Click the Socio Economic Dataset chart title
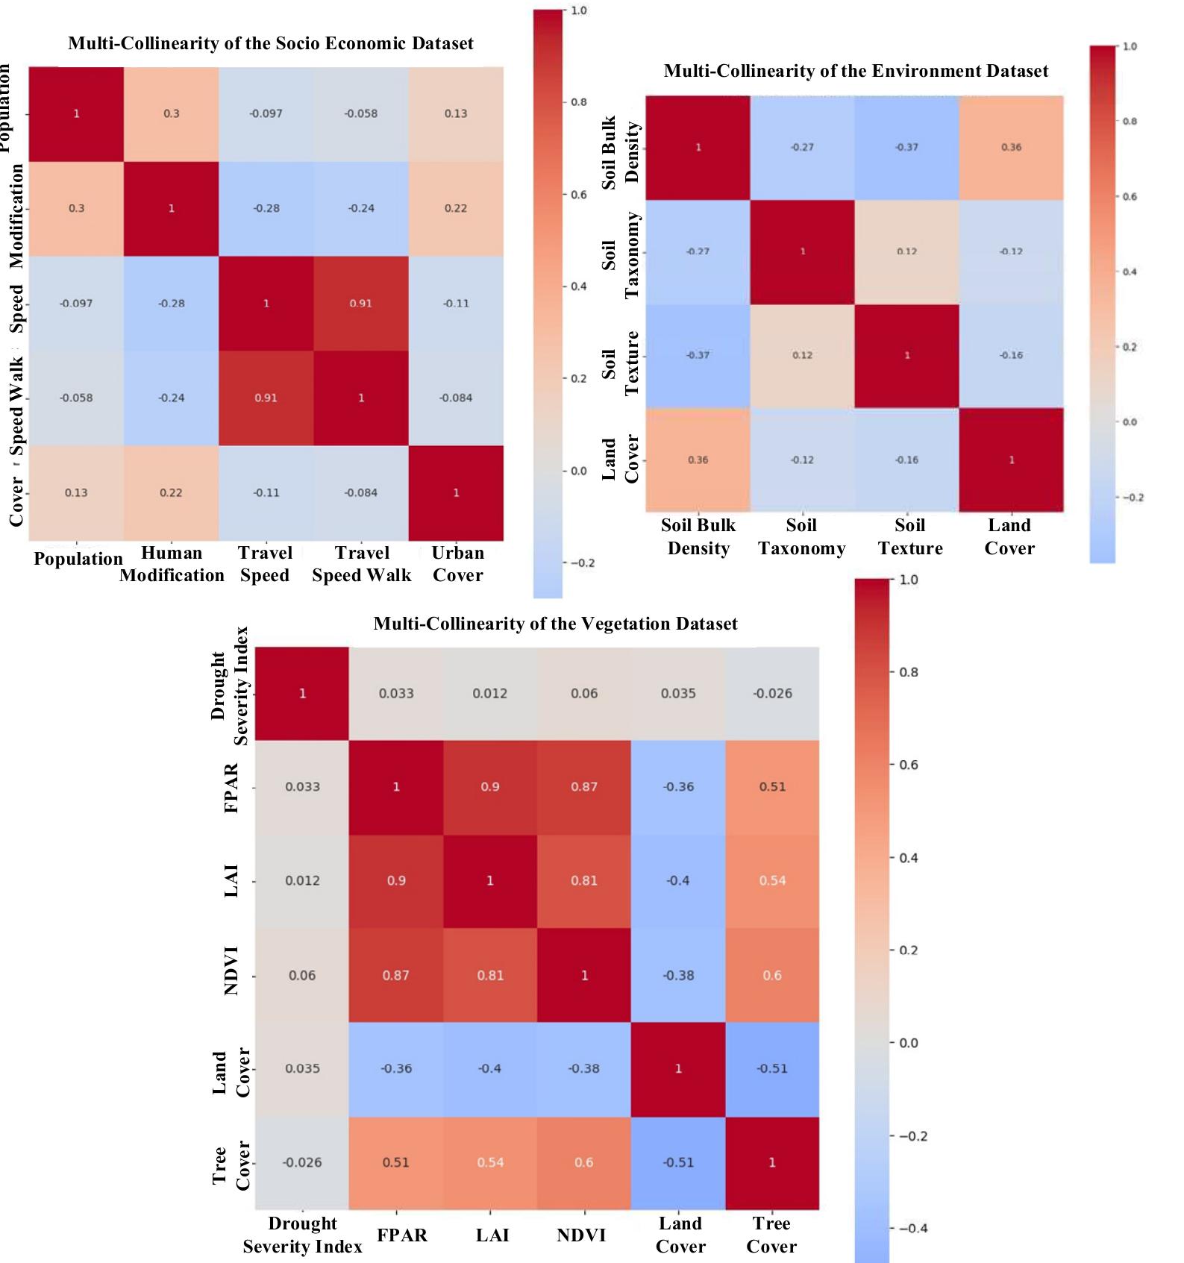pos(270,43)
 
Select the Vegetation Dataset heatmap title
pos(555,624)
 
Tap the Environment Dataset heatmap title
pos(856,71)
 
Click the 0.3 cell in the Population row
pos(172,113)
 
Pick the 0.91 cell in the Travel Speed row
pos(361,304)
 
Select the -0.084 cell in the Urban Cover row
pos(361,492)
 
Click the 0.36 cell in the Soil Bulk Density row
pos(1011,147)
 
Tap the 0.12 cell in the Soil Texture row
pos(802,355)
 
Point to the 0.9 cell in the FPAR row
pos(490,787)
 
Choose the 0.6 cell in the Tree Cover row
pos(584,1162)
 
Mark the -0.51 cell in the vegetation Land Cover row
pos(772,1068)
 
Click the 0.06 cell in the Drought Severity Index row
pos(584,694)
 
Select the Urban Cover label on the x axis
pos(458,564)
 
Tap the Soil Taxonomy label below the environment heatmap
pos(802,536)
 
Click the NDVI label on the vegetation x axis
pos(581,1235)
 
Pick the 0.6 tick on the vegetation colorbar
pos(907,765)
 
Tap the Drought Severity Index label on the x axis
pos(302,1235)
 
